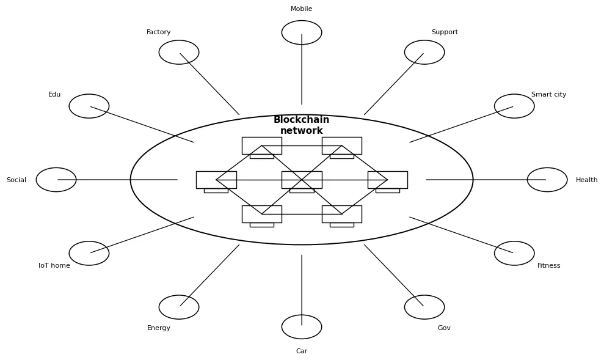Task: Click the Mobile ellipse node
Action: (301, 32)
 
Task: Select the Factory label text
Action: (159, 32)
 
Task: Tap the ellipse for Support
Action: (424, 52)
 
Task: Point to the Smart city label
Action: (548, 95)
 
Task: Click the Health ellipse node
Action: (547, 180)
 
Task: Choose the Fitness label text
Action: (548, 266)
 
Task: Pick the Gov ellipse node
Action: (424, 307)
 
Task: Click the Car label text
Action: (301, 351)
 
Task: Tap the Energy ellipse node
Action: (179, 307)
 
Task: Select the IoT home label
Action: (54, 266)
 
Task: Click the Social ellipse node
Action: (56, 180)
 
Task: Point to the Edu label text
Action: (54, 95)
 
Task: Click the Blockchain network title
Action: (301, 125)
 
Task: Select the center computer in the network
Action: (301, 180)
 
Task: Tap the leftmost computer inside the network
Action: (216, 180)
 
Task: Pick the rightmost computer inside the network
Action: (387, 180)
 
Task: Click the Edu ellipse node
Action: (89, 106)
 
